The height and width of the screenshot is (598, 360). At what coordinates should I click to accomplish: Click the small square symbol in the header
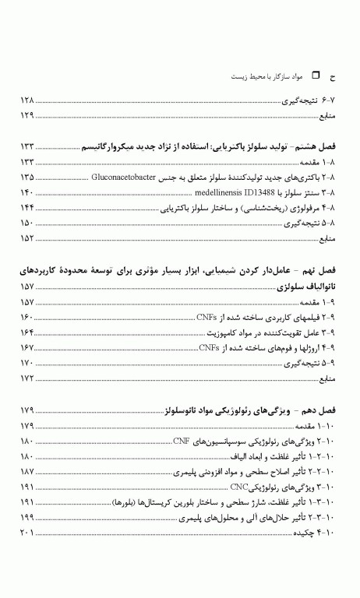pos(316,76)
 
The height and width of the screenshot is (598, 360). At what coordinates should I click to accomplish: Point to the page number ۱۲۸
pos(28,101)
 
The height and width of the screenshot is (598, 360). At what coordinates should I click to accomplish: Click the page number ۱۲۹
pos(28,116)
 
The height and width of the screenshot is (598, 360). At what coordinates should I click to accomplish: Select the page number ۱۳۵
pos(28,178)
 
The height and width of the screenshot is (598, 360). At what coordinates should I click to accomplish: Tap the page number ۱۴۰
pos(28,192)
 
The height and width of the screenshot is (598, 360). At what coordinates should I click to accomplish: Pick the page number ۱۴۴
pos(28,208)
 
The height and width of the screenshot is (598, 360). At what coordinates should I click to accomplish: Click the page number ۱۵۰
pos(28,223)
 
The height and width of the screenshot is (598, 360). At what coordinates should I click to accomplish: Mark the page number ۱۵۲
pos(28,237)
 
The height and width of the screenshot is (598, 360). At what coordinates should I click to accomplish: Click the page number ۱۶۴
pos(28,332)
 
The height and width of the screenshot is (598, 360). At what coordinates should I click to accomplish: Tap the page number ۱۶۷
pos(28,347)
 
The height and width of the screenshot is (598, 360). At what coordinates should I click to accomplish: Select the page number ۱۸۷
pos(28,472)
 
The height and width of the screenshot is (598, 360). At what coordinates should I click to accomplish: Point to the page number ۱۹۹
pos(28,517)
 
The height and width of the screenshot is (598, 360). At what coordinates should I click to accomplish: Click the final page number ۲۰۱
pos(28,533)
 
